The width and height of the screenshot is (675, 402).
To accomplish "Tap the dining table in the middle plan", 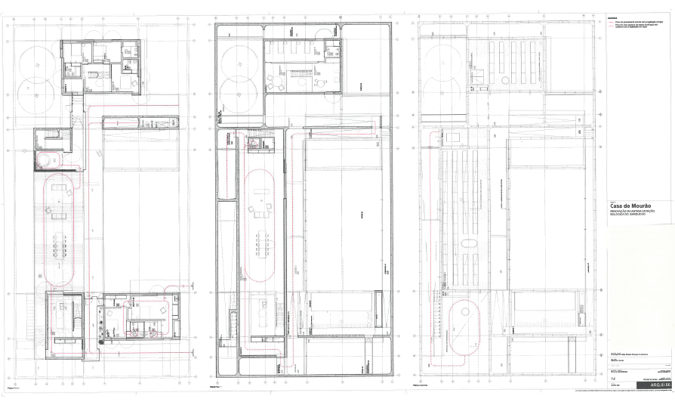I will tap(262, 243).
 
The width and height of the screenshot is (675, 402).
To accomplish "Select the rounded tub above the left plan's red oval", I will tap(48, 159).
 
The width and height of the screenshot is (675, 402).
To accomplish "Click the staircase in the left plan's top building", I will tap(95, 76).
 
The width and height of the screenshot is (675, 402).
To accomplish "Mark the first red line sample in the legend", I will tap(612, 23).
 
